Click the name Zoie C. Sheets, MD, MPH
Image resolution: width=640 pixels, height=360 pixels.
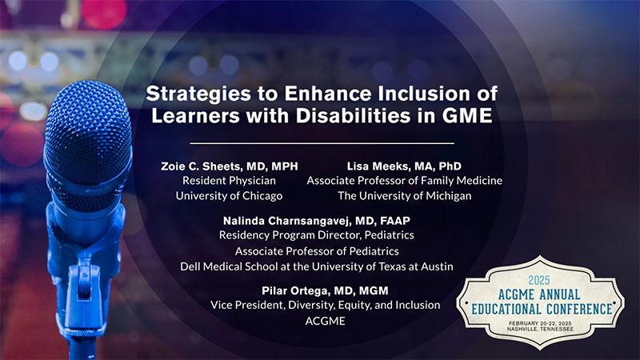pos(229,166)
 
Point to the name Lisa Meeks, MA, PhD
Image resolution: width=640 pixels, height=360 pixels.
pos(404,166)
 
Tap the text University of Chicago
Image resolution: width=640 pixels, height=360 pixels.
pos(229,195)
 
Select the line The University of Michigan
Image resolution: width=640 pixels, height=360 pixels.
pos(404,195)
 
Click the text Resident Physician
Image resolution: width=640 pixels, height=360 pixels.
pos(229,181)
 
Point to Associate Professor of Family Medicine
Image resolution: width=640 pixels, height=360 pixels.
pos(404,181)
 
